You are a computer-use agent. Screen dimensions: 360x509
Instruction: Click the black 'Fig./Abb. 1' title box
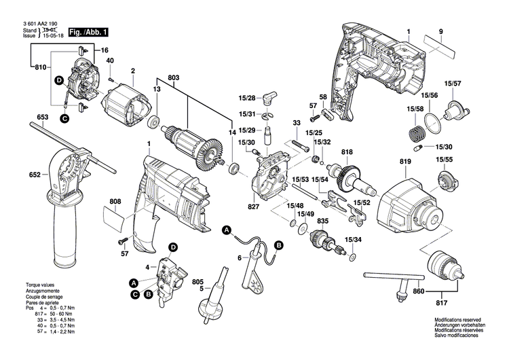(84, 31)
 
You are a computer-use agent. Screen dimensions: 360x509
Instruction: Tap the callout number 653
(43, 118)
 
